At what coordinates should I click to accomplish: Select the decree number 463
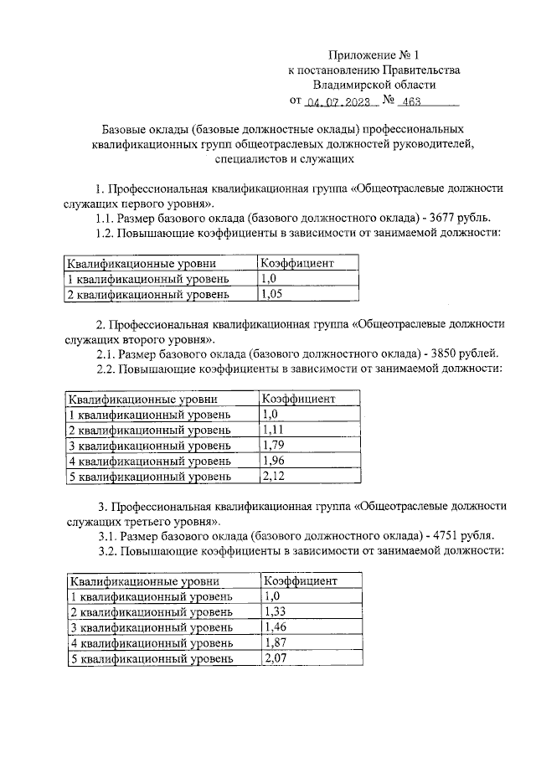coord(411,104)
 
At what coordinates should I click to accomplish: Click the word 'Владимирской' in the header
coord(349,85)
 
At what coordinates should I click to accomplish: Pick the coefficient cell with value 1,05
coord(271,294)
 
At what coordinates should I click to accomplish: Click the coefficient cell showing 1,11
coord(271,430)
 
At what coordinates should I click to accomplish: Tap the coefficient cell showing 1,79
coord(272,445)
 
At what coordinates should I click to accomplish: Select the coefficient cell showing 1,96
coord(272,461)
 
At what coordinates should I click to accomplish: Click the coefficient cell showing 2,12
coord(272,477)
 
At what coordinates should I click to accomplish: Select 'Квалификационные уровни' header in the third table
coord(139,580)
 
